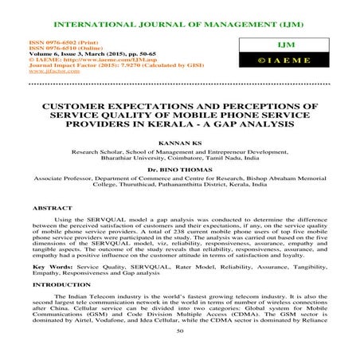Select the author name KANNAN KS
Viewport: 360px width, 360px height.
click(x=180, y=144)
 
